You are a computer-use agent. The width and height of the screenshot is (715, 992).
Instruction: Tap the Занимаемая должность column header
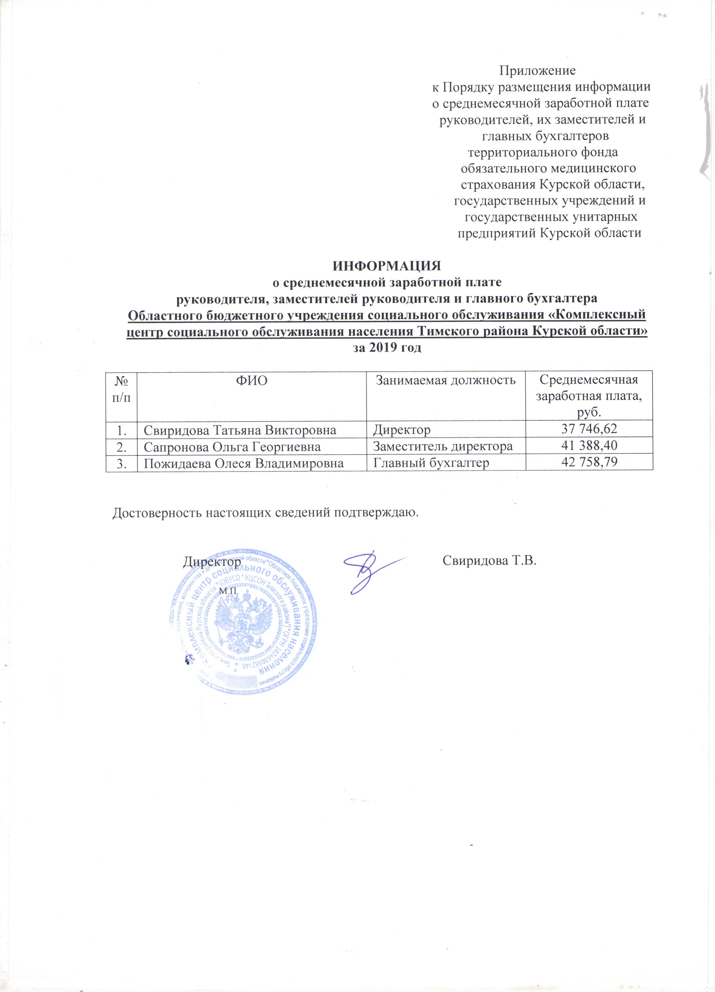(x=446, y=380)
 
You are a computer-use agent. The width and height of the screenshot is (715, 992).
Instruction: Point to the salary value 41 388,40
(x=589, y=446)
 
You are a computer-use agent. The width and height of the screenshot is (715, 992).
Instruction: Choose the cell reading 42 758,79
(x=589, y=462)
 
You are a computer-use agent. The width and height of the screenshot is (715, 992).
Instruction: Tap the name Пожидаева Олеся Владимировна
(x=244, y=463)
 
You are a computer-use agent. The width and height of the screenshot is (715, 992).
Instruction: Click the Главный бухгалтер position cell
(x=431, y=463)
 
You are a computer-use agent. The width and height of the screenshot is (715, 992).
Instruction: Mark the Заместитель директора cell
(x=443, y=447)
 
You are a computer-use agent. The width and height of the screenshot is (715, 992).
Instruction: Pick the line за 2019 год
(x=387, y=348)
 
